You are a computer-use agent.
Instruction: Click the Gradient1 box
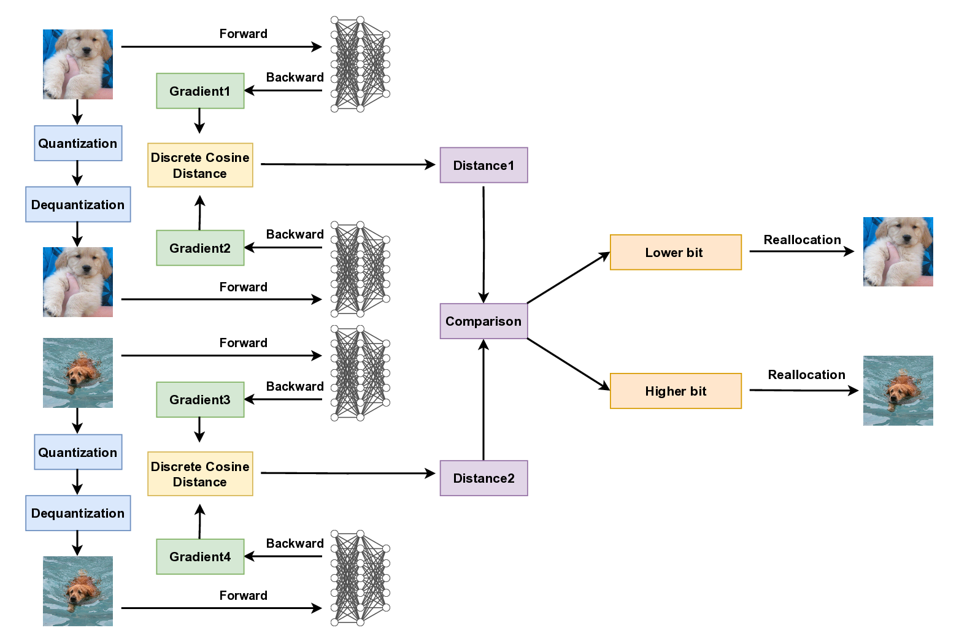(x=200, y=91)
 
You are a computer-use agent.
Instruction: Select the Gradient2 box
(x=200, y=248)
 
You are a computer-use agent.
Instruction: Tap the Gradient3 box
(x=200, y=400)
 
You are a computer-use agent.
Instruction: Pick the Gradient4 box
(x=200, y=556)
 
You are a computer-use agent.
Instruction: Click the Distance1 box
(x=483, y=165)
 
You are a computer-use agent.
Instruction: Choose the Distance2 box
(x=483, y=478)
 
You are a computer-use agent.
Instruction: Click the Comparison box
(x=483, y=321)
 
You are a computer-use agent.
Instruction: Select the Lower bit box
(x=676, y=252)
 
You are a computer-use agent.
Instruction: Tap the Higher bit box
(x=676, y=391)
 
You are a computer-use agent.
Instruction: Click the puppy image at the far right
(x=898, y=251)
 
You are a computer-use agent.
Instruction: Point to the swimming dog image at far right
(x=898, y=391)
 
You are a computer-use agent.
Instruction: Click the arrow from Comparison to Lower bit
(x=568, y=278)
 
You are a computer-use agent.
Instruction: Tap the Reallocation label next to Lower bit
(x=802, y=240)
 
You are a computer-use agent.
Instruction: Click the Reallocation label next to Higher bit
(x=806, y=375)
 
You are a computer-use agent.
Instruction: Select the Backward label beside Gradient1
(x=295, y=77)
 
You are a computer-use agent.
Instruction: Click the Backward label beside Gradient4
(x=295, y=543)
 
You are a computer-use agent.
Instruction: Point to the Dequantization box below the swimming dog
(x=78, y=513)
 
